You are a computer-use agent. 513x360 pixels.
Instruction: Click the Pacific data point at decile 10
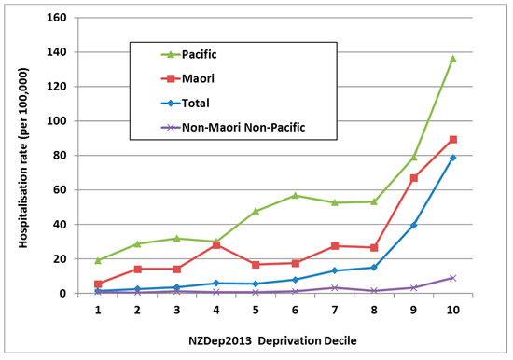pyautogui.click(x=453, y=59)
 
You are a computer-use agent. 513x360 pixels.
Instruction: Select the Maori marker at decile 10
pyautogui.click(x=453, y=140)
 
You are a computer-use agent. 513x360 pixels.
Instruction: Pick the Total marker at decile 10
pyautogui.click(x=453, y=158)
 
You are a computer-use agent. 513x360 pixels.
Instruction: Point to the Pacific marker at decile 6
pyautogui.click(x=295, y=196)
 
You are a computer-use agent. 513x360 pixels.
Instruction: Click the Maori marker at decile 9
pyautogui.click(x=413, y=178)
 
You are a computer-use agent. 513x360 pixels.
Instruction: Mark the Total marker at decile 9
pyautogui.click(x=413, y=226)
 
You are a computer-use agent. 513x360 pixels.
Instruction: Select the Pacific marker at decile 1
pyautogui.click(x=97, y=260)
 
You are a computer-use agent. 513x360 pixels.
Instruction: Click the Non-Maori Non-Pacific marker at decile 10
pyautogui.click(x=453, y=278)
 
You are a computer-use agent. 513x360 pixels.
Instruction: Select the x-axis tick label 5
pyautogui.click(x=255, y=309)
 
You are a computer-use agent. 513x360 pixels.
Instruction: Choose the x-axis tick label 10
pyautogui.click(x=453, y=309)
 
